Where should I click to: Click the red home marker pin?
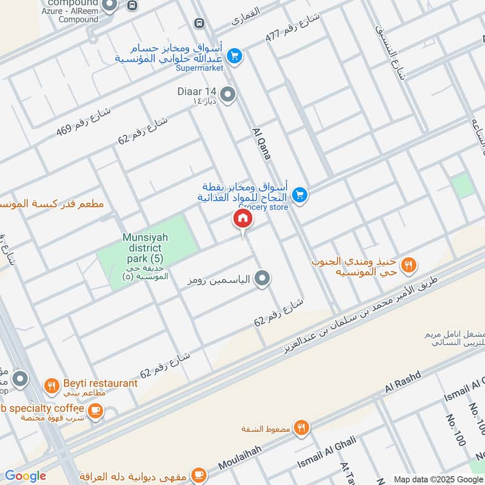(242, 219)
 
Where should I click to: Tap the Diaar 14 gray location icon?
(228, 95)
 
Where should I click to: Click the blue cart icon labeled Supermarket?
(235, 56)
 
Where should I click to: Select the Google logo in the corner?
(25, 476)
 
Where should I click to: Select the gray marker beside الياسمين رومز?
(262, 279)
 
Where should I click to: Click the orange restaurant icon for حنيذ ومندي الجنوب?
(409, 264)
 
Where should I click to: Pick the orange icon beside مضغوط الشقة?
(301, 429)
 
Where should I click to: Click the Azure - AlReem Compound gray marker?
(110, 6)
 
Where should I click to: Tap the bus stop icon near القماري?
(199, 23)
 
